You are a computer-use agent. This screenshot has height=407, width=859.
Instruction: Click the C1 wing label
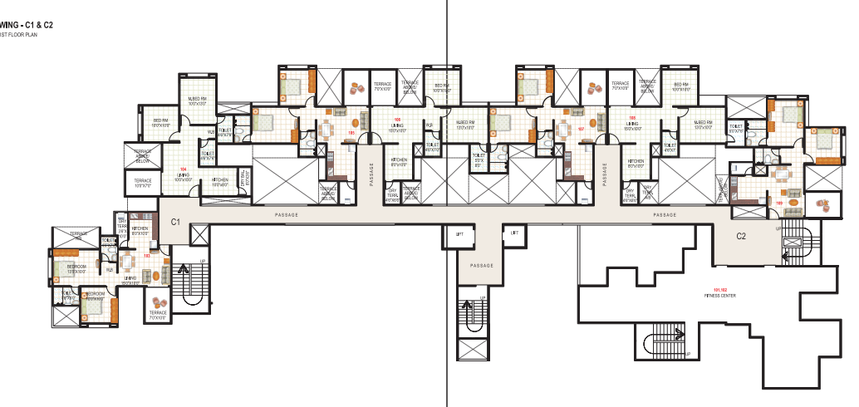pos(175,222)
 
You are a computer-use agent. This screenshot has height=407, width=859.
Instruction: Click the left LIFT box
pos(459,234)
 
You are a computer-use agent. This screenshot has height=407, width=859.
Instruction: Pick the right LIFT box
pos(514,234)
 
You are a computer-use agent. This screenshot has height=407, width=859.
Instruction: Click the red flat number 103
pos(147,256)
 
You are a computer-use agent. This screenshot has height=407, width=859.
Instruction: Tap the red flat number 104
pos(183,169)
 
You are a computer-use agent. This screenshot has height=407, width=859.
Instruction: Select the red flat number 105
pos(397,120)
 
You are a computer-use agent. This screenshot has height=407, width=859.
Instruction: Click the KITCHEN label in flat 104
pos(220,180)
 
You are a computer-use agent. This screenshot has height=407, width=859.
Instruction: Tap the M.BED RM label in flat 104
pos(197,101)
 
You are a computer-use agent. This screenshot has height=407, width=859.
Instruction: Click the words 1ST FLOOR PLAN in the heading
pos(19,36)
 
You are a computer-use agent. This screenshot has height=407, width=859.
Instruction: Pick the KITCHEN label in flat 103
pos(140,231)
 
